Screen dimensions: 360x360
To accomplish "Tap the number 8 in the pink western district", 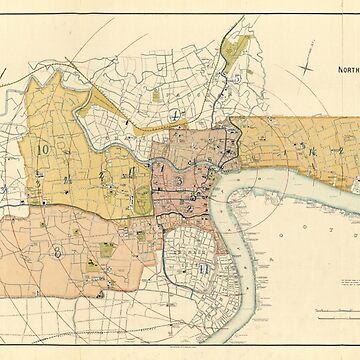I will click(x=57, y=251).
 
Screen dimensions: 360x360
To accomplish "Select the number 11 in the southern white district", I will click(x=204, y=267).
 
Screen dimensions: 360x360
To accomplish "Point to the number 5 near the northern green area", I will click(x=237, y=77).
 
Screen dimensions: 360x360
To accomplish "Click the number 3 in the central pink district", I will click(x=177, y=180).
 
